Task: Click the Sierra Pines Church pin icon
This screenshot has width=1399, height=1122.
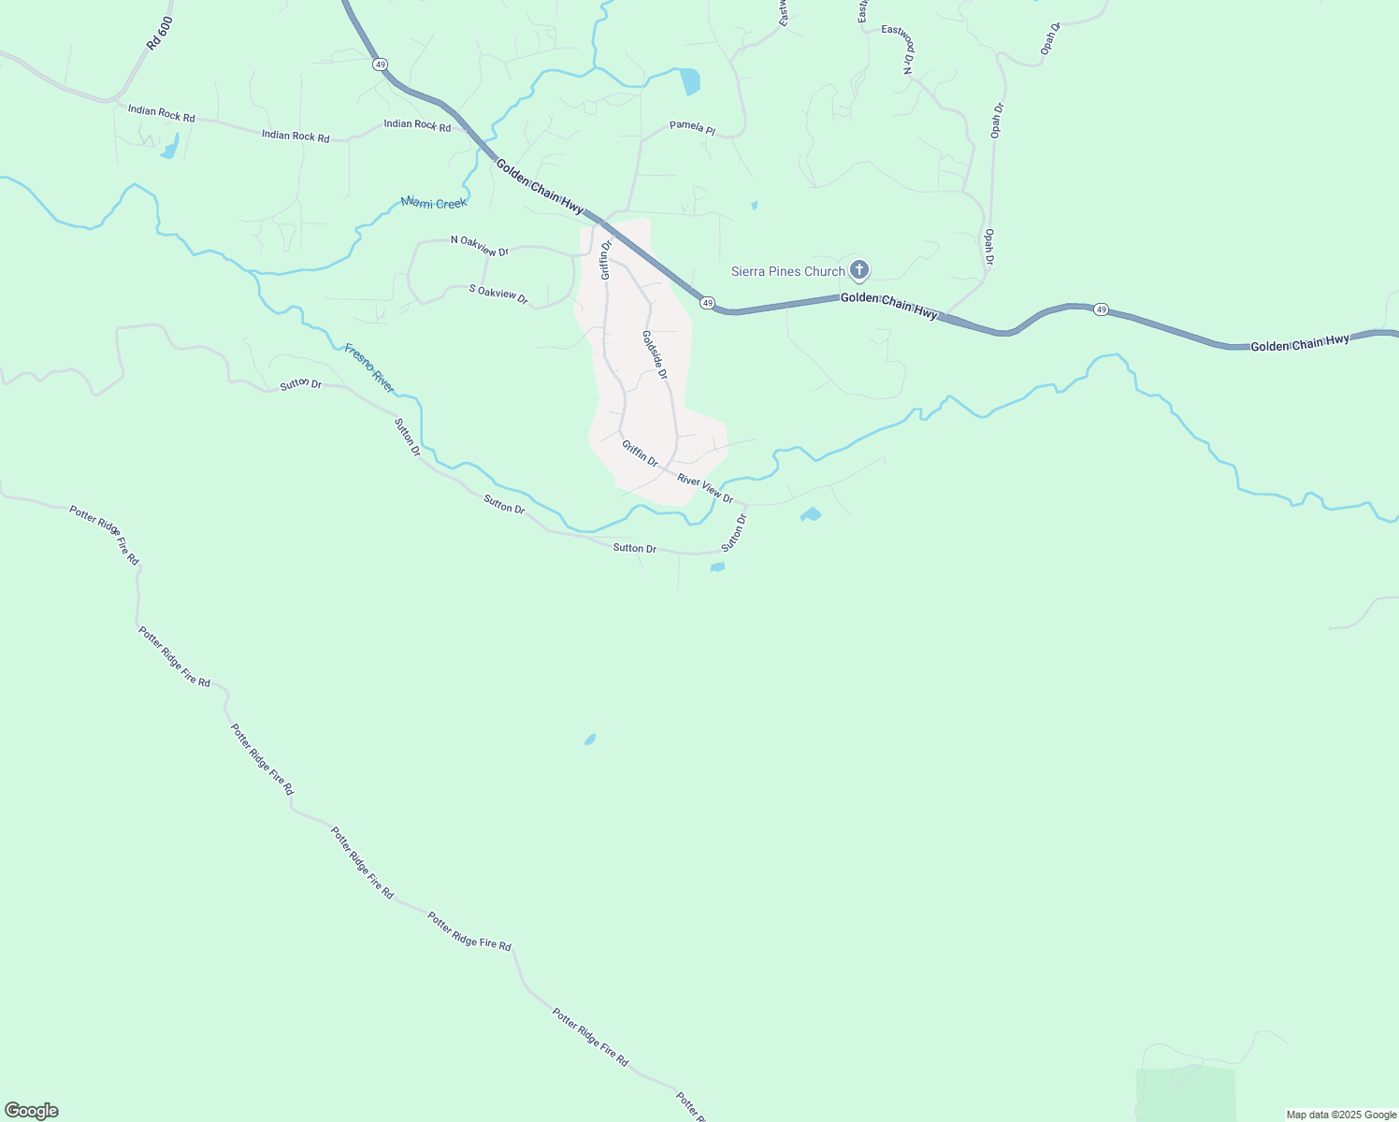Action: (859, 271)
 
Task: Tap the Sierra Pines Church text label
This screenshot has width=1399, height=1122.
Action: (787, 271)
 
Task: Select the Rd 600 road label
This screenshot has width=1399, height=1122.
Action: (160, 34)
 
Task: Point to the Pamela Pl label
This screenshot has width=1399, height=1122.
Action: (692, 128)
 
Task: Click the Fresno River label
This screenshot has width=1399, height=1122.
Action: (369, 367)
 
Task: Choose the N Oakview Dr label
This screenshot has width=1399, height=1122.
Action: (479, 245)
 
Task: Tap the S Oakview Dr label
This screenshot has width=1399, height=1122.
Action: (498, 294)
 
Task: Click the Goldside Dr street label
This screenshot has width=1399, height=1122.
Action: (655, 354)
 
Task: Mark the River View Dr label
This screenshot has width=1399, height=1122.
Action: (705, 488)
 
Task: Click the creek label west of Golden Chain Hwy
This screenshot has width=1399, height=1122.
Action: (433, 202)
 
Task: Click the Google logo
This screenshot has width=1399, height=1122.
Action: (31, 1111)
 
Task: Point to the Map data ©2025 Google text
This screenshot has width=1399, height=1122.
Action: (1341, 1115)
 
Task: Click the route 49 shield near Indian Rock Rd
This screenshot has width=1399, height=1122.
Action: (379, 65)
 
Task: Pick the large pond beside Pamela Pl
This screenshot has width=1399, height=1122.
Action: (690, 82)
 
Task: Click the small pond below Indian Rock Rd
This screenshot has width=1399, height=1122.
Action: (169, 148)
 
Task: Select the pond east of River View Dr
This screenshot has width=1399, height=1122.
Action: (811, 514)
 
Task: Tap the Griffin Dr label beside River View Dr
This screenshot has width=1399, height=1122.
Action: (640, 453)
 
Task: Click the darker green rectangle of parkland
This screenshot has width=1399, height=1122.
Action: (1185, 1094)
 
